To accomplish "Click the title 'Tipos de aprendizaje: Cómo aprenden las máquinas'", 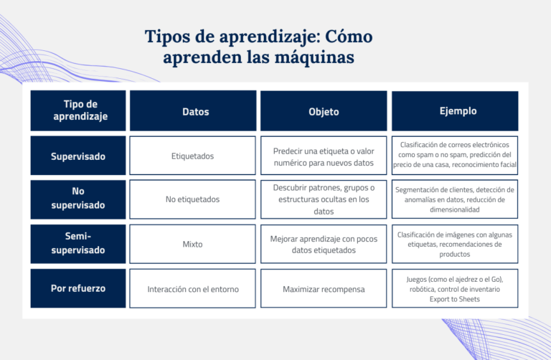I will (258, 47).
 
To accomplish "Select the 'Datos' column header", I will (192, 111).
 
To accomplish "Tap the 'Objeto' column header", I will (324, 111).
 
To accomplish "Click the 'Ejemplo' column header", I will (458, 110).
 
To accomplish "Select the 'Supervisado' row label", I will (78, 156).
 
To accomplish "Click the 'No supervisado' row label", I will (78, 199).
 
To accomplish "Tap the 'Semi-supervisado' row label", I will (78, 244).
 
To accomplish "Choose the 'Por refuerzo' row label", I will (78, 288).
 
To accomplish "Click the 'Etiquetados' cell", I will (192, 156).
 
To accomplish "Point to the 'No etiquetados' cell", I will (192, 199).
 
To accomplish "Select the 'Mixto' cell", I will (192, 244).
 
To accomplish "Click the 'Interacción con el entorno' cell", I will (192, 289).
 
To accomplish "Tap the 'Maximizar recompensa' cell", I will (324, 289).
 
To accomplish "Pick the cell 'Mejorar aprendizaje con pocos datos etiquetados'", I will (324, 244).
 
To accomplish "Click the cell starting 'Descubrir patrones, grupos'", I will (324, 199).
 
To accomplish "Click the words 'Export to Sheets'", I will (450, 299).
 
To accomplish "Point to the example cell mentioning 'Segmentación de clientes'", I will (455, 199).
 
